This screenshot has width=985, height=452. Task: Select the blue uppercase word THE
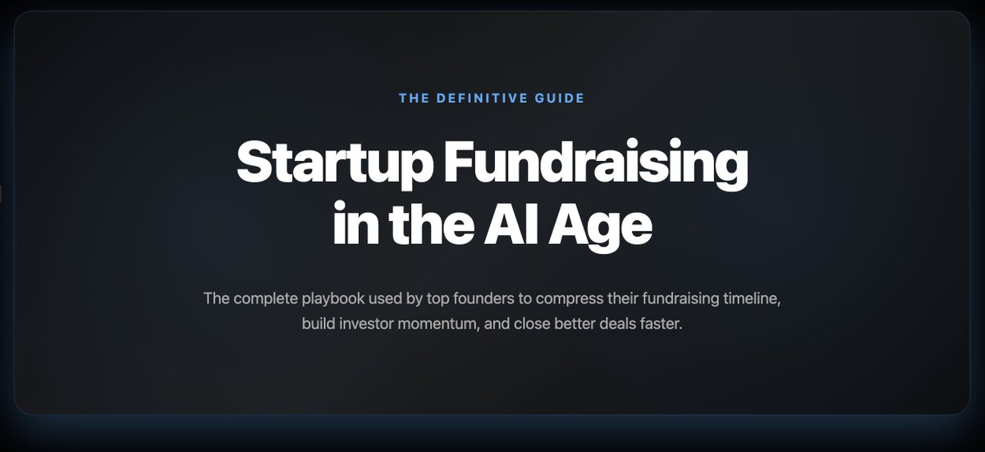pyautogui.click(x=413, y=99)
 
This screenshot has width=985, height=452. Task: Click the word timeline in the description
pyautogui.click(x=754, y=297)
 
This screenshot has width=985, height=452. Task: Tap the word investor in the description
pyautogui.click(x=372, y=324)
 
